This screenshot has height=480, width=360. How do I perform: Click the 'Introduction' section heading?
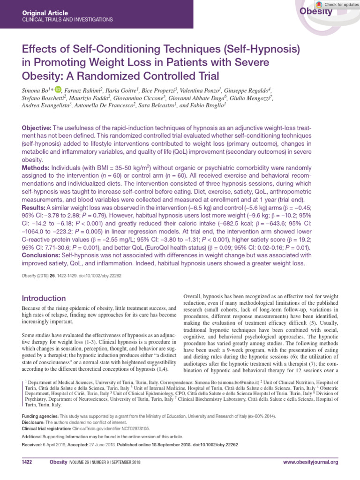coord(45,299)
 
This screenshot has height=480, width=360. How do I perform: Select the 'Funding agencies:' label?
coord(40,416)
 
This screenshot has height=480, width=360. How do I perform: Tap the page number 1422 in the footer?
coord(27,463)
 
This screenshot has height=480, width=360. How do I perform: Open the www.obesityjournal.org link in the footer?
coord(310,463)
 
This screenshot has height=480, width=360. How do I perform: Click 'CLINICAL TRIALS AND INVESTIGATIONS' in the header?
coord(67,20)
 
